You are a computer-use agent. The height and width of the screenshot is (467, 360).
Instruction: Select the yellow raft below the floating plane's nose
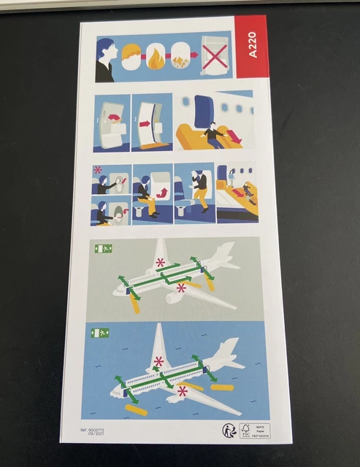135,409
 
